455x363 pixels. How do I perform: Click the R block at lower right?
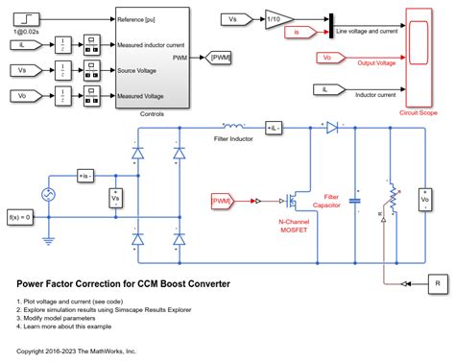click(x=437, y=283)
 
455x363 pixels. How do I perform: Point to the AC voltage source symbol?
click(x=42, y=195)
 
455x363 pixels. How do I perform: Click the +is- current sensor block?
click(x=87, y=177)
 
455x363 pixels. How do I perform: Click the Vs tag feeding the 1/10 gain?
click(x=234, y=18)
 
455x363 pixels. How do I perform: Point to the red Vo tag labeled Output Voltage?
click(x=325, y=57)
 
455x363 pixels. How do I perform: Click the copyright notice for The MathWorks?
click(x=77, y=351)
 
